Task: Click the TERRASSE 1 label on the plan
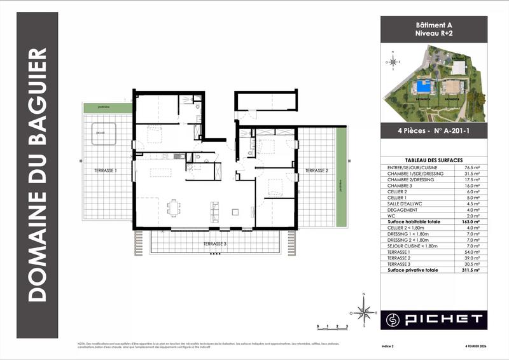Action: tap(105, 171)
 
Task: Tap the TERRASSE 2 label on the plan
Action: tap(316, 171)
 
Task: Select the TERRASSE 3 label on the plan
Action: tap(215, 244)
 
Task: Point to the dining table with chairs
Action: tap(173, 208)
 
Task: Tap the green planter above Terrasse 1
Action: tap(108, 108)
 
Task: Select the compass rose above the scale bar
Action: tap(364, 312)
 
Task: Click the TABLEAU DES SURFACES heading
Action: tap(433, 160)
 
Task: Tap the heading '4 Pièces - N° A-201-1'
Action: tap(433, 132)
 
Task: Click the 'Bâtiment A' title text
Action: tap(433, 24)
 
